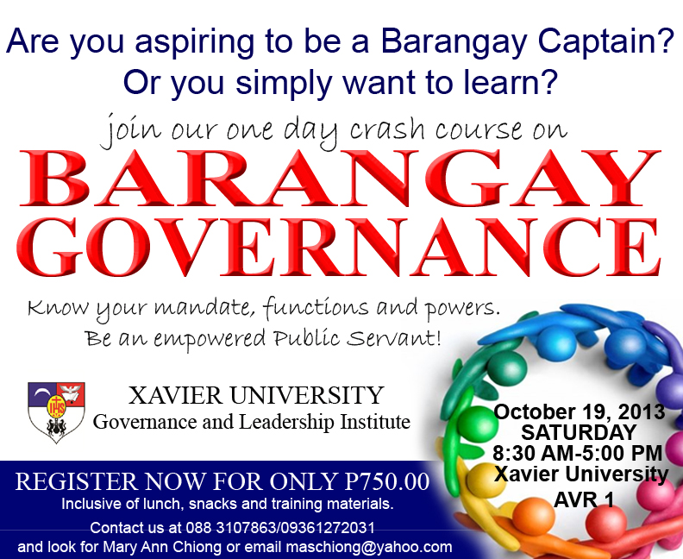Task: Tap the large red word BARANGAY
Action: pyautogui.click(x=341, y=179)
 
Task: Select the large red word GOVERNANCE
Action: pyautogui.click(x=339, y=248)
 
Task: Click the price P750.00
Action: pyautogui.click(x=387, y=481)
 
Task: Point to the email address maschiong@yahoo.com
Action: pyautogui.click(x=369, y=547)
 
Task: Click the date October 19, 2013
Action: pyautogui.click(x=580, y=411)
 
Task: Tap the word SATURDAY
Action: pyautogui.click(x=579, y=433)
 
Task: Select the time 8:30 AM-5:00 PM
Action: pyautogui.click(x=578, y=453)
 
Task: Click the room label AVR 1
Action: pyautogui.click(x=584, y=499)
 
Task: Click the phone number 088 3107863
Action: pyautogui.click(x=231, y=528)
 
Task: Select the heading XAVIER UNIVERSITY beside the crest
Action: pyautogui.click(x=255, y=395)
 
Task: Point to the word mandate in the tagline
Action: pyautogui.click(x=204, y=308)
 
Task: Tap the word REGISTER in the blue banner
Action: pyautogui.click(x=77, y=481)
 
